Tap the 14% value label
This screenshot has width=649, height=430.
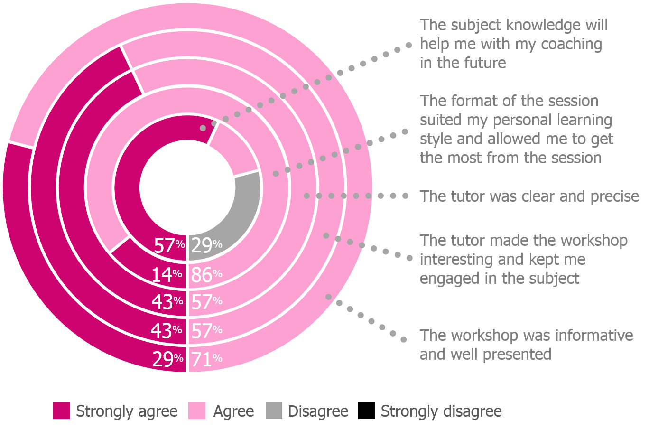(x=167, y=274)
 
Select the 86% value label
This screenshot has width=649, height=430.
(x=206, y=274)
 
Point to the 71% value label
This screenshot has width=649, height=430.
(x=206, y=359)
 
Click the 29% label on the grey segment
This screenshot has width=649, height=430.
(x=206, y=245)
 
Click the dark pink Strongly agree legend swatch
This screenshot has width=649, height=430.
(x=61, y=411)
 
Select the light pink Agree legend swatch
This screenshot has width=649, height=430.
(x=197, y=411)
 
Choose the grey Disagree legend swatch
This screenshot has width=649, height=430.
(x=274, y=411)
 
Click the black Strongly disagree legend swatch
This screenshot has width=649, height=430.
(x=367, y=411)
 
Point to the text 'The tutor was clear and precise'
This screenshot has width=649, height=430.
(x=529, y=196)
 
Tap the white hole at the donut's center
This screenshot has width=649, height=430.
(x=187, y=187)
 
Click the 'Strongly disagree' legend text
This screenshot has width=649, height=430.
(x=441, y=411)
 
